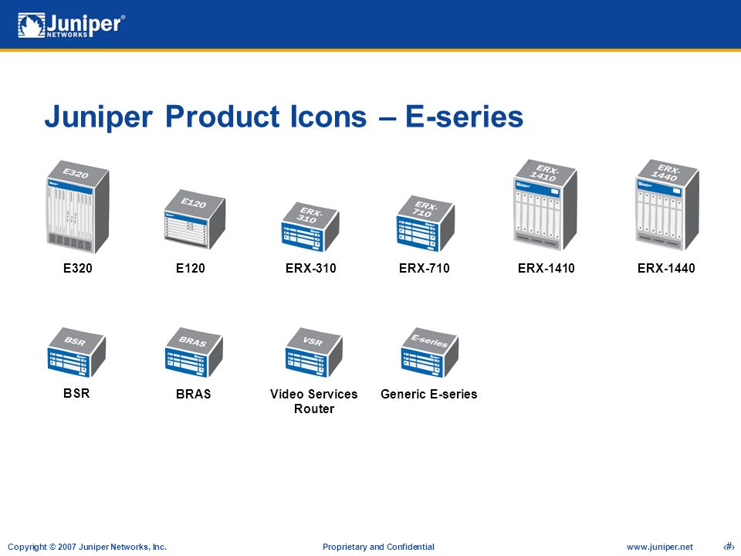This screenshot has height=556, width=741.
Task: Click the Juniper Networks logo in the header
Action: click(x=71, y=25)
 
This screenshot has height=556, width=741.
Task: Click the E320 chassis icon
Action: click(x=78, y=207)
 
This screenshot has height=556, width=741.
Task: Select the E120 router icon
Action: click(x=195, y=219)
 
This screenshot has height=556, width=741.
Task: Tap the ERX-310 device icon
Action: click(x=310, y=227)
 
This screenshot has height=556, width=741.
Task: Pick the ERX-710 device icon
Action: click(x=425, y=224)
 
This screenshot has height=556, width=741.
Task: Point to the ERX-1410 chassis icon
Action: click(x=546, y=204)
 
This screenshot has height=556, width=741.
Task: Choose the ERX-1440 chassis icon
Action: click(x=667, y=204)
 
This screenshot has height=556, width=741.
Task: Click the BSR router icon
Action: click(x=76, y=353)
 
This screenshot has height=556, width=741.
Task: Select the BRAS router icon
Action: click(x=194, y=353)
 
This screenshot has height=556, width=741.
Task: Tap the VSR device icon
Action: click(x=314, y=353)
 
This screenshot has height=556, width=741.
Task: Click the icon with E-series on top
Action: click(x=430, y=353)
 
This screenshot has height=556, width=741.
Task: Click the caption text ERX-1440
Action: click(x=666, y=269)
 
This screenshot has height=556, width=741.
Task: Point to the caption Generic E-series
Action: click(x=428, y=395)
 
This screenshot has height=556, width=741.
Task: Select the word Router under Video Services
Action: click(x=314, y=409)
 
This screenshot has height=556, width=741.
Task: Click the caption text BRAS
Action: click(x=193, y=395)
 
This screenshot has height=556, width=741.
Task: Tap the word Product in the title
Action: click(x=222, y=117)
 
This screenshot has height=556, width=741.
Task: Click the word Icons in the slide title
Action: click(x=329, y=117)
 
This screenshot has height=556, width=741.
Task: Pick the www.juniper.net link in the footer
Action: click(x=660, y=547)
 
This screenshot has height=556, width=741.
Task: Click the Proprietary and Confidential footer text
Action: click(x=378, y=547)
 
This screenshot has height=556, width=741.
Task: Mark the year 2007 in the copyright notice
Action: click(x=67, y=547)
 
